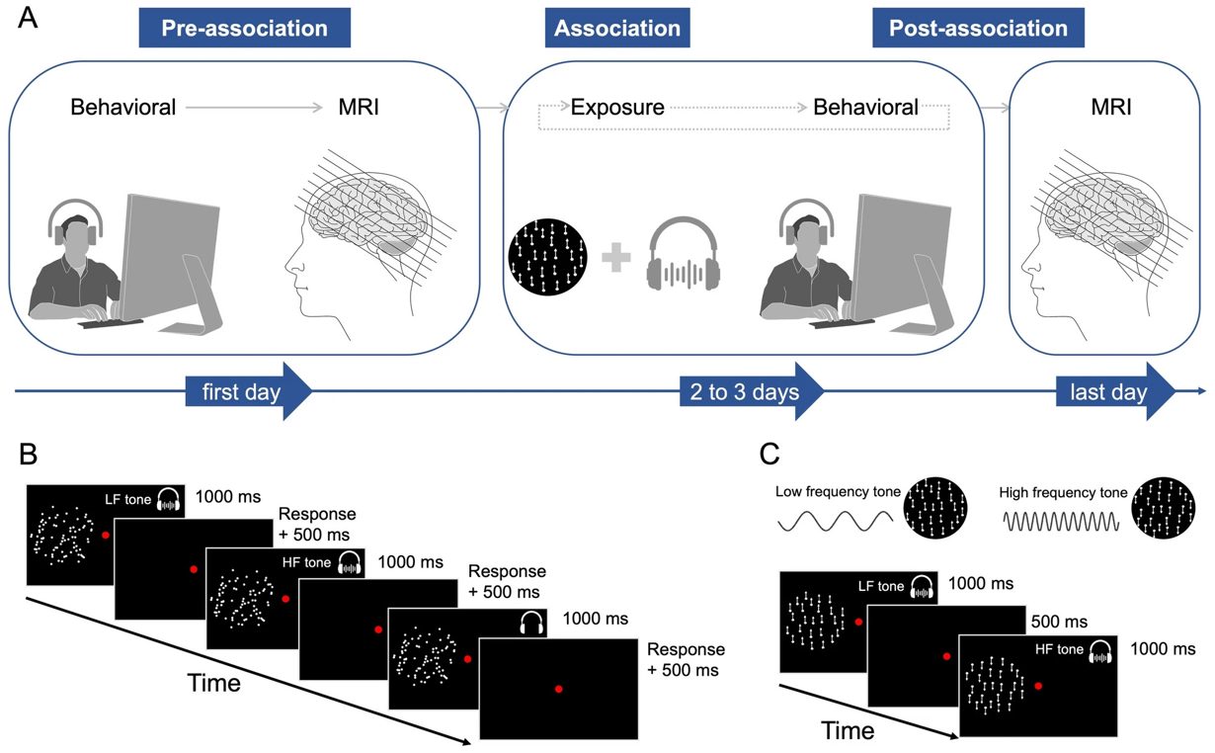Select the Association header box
(617, 28)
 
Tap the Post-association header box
(978, 28)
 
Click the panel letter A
(28, 19)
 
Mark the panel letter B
(28, 456)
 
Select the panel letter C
(770, 456)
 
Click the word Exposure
(617, 107)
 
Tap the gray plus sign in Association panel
(615, 259)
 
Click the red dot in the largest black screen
(559, 688)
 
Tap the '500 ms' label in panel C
(1059, 622)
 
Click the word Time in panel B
(213, 683)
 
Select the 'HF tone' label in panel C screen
(1059, 649)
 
